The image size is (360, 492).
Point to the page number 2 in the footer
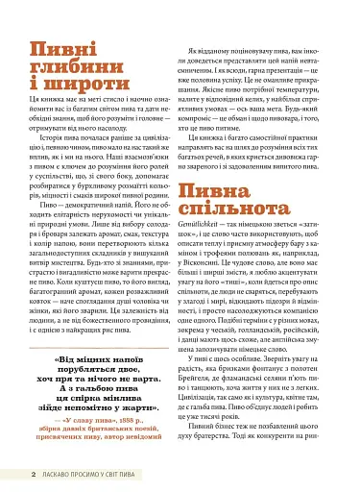tap(33, 474)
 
